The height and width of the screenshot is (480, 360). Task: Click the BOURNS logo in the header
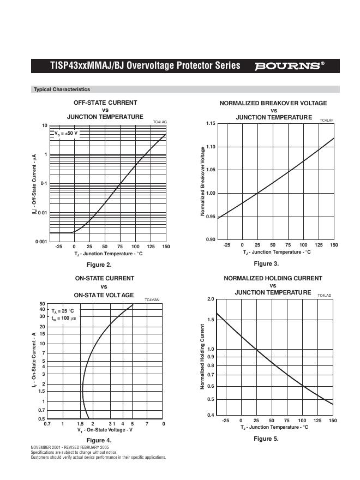289,66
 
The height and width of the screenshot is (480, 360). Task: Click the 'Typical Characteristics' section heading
62,89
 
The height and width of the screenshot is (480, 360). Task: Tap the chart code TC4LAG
160,122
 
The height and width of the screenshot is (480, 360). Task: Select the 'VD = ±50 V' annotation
65,133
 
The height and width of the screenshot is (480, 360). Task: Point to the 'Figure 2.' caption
99,265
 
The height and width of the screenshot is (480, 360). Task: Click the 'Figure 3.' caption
266,263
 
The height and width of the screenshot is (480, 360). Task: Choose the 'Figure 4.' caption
99,440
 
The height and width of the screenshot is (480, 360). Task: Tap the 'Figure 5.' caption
266,439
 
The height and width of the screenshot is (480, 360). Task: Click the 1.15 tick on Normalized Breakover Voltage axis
211,124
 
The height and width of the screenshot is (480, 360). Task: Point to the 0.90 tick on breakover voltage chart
211,240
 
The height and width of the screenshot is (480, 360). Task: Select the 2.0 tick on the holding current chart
211,299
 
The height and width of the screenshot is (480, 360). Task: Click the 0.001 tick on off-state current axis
41,241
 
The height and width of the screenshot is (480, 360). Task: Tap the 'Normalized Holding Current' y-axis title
202,357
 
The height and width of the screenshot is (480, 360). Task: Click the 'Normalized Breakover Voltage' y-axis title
203,181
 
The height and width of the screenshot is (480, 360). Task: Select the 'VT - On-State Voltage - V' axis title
105,430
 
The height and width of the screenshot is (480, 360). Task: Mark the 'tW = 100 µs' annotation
64,318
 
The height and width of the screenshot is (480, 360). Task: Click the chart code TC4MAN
152,299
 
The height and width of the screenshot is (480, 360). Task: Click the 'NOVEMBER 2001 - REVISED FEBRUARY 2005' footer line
69,447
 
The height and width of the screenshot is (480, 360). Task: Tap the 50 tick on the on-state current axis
43,303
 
